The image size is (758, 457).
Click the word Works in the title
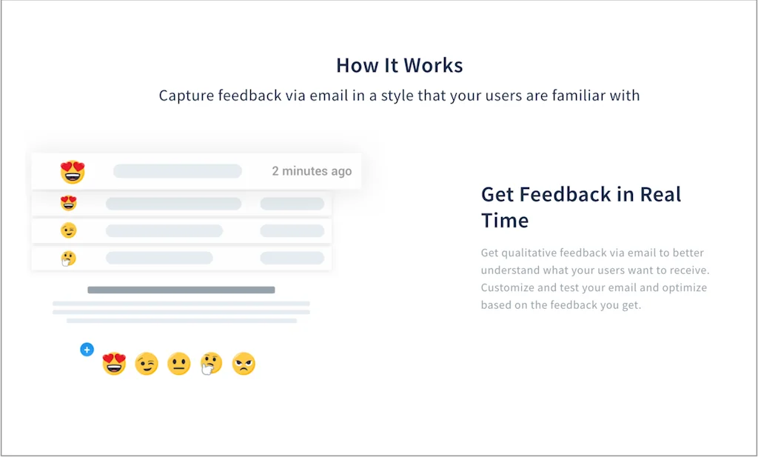click(433, 65)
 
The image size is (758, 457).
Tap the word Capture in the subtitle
click(187, 96)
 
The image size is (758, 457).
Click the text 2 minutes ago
click(312, 171)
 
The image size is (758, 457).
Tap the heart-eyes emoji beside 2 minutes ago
click(73, 172)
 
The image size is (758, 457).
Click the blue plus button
click(87, 349)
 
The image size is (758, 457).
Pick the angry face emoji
click(244, 364)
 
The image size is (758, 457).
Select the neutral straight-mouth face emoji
click(179, 364)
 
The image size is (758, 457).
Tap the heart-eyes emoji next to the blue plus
click(114, 364)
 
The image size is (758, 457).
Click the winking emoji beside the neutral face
click(147, 364)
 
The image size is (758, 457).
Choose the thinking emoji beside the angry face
click(211, 364)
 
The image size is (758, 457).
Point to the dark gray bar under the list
click(181, 290)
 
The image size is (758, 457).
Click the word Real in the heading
click(660, 194)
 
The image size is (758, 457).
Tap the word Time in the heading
click(505, 221)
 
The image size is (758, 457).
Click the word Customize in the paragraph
click(507, 287)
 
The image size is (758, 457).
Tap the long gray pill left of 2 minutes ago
click(178, 171)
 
